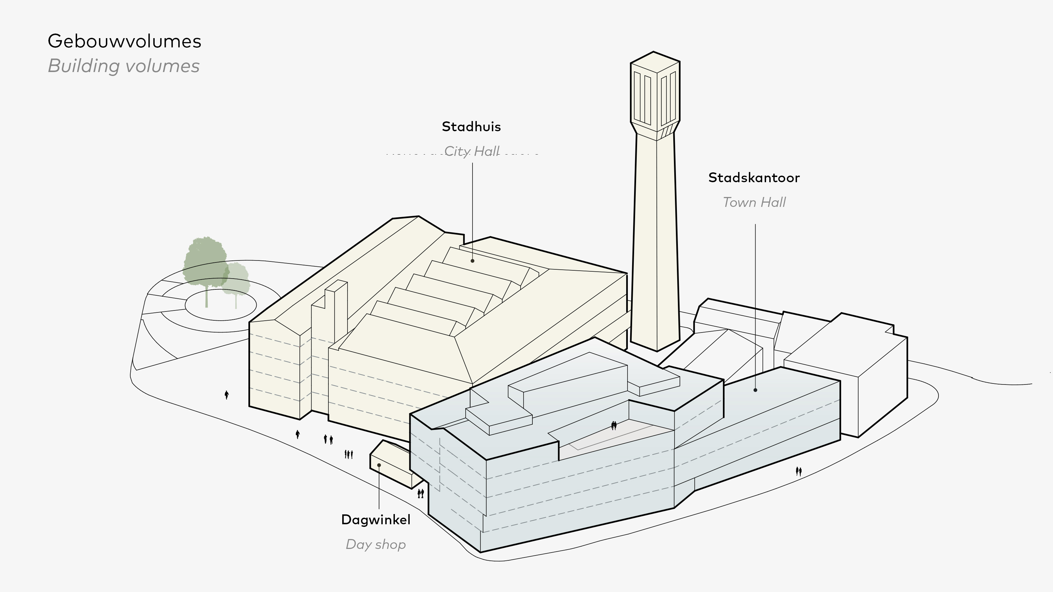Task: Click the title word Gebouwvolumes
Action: tap(124, 41)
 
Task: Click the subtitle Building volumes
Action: tap(123, 66)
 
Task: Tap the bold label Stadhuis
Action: tap(471, 127)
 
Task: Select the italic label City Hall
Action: tap(472, 151)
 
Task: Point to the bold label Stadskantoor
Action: tap(754, 178)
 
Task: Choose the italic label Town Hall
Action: tap(754, 202)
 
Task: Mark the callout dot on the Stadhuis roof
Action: tap(473, 261)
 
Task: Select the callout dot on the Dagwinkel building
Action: tap(379, 465)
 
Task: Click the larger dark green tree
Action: tap(205, 261)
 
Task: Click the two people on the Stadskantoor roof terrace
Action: tap(614, 426)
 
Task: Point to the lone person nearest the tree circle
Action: tap(226, 395)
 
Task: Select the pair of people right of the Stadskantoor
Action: tap(798, 472)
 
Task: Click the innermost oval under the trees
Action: tap(221, 305)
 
